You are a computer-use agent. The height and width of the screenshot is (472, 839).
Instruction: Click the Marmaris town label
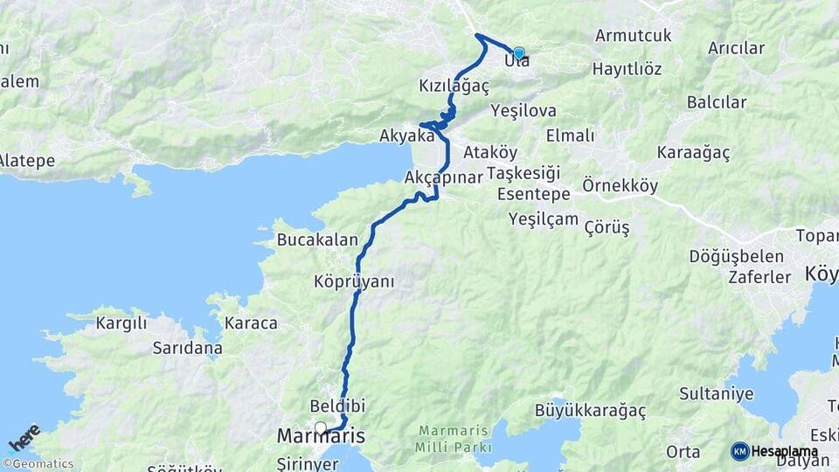320,435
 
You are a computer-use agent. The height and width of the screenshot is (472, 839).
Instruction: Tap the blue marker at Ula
518,53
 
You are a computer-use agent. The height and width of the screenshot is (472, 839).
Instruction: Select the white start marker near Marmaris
321,427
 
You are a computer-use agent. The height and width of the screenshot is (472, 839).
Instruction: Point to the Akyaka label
406,136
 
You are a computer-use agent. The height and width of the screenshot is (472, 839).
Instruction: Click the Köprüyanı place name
354,281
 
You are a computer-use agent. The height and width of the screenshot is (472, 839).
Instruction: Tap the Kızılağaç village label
454,87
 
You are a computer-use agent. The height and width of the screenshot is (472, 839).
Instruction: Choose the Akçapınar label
444,177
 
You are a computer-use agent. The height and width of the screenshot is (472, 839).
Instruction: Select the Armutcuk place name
633,36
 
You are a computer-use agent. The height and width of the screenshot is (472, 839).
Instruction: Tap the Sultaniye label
716,394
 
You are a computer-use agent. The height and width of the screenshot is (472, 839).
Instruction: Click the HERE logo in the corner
24,438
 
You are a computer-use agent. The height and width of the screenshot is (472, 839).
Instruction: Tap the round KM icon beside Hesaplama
739,452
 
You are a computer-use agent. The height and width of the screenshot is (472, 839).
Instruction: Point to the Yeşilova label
524,111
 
